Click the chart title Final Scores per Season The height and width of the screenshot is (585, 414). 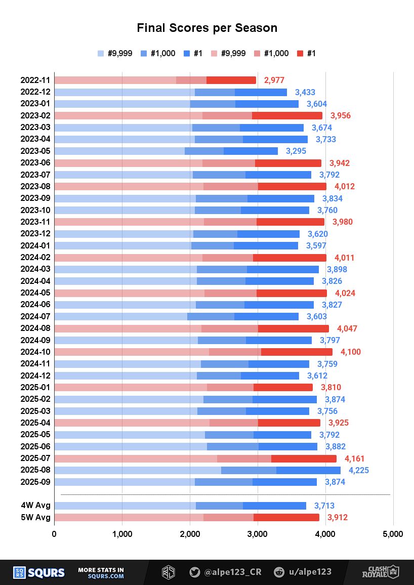coord(207,28)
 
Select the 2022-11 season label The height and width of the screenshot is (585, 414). coord(35,80)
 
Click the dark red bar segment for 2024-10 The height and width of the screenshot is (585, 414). coord(297,352)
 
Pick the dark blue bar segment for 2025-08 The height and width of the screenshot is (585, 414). coord(308,470)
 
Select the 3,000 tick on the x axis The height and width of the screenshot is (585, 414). coord(258,534)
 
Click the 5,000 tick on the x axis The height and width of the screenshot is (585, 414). coord(393,534)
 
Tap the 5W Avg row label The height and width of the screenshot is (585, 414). coord(35,517)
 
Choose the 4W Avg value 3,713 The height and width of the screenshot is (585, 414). coord(324,506)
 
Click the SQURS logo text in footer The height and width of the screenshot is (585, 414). coord(46,572)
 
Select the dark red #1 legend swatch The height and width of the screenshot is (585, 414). coord(300,53)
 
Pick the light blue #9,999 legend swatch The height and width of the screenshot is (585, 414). coord(101,53)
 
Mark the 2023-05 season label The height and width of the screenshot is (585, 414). coord(35,151)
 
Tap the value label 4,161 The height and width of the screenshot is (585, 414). coord(355,458)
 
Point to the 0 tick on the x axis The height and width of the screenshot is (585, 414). coord(54,534)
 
